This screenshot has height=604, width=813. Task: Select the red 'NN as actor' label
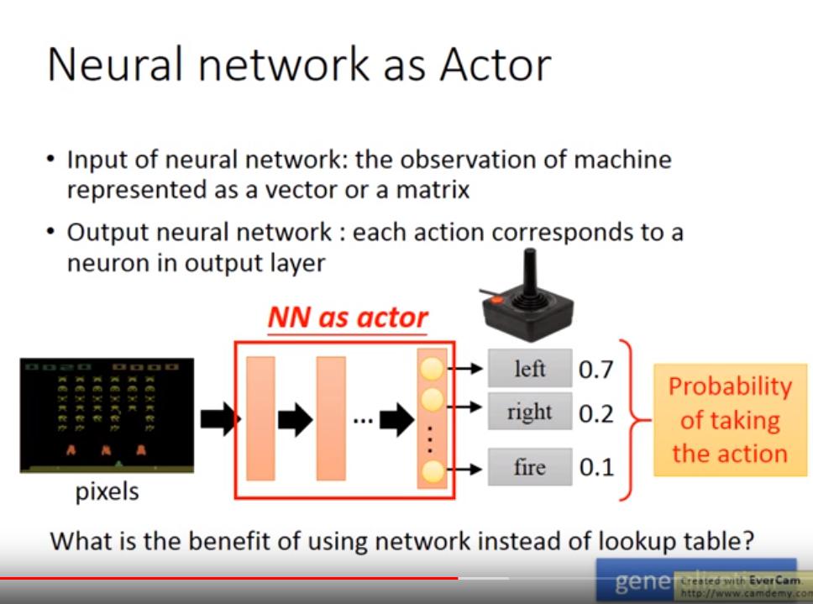coord(348,318)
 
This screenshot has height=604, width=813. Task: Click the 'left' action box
coord(529,368)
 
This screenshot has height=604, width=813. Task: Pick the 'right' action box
coord(529,412)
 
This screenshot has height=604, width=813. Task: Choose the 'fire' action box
coord(529,467)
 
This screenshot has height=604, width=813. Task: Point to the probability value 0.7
coord(596,369)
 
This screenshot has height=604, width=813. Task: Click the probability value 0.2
coord(596,412)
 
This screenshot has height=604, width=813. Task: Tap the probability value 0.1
coord(596,468)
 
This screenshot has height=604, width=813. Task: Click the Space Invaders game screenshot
coord(107,415)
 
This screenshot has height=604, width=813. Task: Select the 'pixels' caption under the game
coord(107,491)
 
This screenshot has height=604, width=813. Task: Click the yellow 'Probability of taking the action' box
coord(730,420)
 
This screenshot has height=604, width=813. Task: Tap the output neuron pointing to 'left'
coord(432,368)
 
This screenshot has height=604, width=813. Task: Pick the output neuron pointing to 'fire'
coord(432,470)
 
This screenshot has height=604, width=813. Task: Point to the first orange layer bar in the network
coord(260,418)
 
